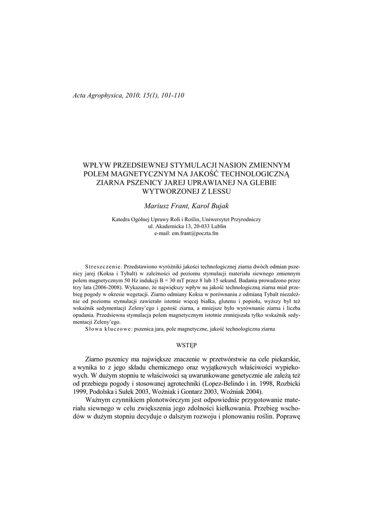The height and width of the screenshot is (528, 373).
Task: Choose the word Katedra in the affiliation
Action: pos(122,219)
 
